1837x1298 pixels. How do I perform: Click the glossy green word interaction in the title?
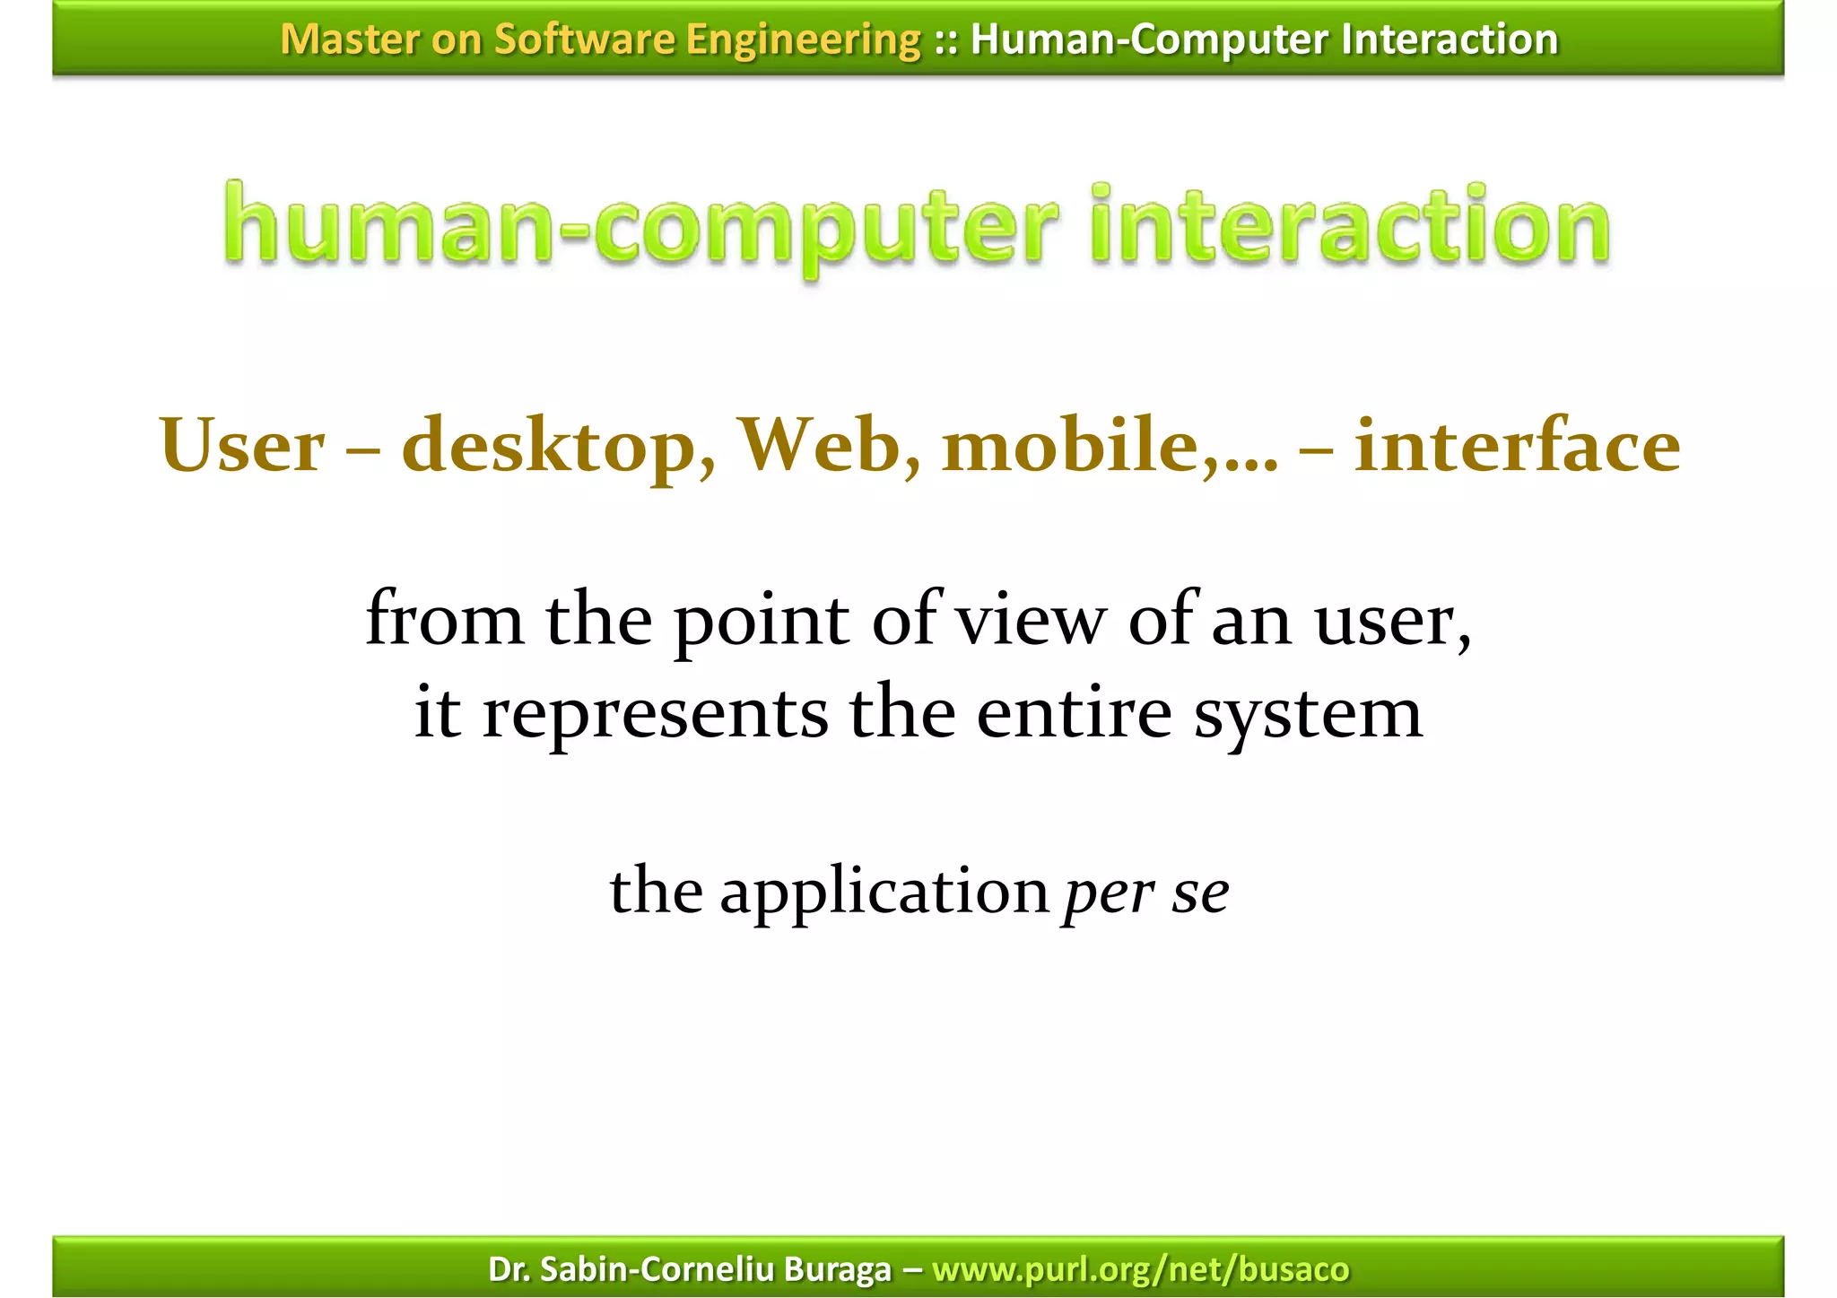[x=1350, y=226]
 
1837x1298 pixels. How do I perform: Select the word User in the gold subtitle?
[x=242, y=447]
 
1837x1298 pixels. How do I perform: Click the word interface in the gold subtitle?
[x=1517, y=445]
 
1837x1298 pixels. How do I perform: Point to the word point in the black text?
[x=761, y=622]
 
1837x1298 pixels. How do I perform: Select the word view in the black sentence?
[x=1030, y=620]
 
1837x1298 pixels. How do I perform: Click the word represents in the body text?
[x=655, y=715]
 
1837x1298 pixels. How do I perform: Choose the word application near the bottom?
[x=884, y=893]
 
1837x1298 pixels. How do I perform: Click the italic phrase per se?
[x=1145, y=893]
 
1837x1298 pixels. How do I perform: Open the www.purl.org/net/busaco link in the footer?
[x=1140, y=1269]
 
